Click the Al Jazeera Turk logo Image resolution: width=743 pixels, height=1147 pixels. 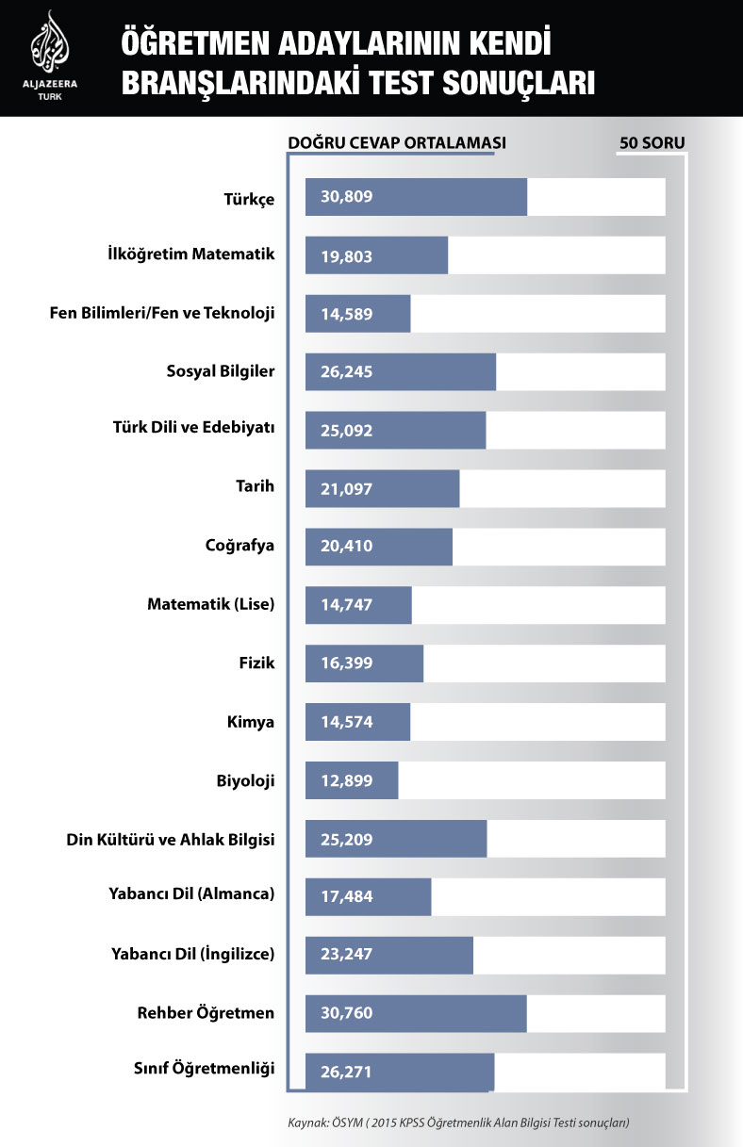(50, 57)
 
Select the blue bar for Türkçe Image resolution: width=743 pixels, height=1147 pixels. (416, 197)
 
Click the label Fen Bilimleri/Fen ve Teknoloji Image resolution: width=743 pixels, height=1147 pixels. (162, 313)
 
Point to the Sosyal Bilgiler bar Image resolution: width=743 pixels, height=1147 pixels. (401, 371)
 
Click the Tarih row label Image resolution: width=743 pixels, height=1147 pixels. (255, 486)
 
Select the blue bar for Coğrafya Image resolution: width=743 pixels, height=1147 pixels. (379, 547)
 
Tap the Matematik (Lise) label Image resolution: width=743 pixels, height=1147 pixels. (210, 604)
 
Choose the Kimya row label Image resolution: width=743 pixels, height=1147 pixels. (251, 722)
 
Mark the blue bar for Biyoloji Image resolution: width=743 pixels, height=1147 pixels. (352, 780)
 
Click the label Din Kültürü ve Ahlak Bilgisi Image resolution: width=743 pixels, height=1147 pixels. (171, 839)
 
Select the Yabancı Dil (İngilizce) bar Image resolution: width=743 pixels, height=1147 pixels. (389, 954)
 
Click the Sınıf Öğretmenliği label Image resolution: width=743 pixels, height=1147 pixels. (204, 1068)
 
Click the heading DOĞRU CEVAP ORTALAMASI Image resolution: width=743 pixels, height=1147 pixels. (397, 143)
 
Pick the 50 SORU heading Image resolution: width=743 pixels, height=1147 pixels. (652, 143)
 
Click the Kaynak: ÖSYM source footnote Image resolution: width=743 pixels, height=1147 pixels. (458, 1122)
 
